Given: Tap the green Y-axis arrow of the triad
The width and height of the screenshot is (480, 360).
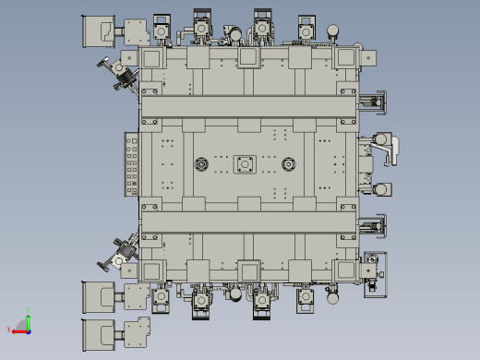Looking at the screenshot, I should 28,321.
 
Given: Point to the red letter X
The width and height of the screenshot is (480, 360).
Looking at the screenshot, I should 9,330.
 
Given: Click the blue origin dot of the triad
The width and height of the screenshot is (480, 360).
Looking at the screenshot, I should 28,330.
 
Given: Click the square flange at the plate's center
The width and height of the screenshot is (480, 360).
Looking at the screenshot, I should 246,165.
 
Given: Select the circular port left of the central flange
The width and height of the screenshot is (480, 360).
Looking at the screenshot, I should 200,165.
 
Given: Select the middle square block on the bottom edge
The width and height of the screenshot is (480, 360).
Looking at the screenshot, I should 247,270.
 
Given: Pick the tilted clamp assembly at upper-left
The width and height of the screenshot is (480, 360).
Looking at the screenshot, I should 117,72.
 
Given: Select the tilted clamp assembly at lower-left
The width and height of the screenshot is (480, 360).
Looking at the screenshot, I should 120,254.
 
